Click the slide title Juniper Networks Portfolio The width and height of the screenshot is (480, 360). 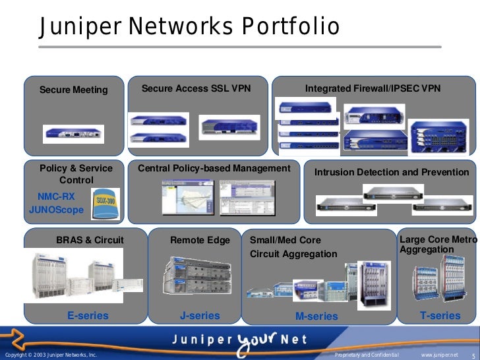click(189, 27)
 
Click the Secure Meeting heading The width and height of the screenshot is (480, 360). click(73, 90)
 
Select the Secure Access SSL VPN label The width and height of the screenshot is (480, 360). click(196, 88)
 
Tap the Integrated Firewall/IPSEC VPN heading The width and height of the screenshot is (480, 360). click(373, 88)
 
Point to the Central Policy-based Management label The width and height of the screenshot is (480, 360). click(214, 169)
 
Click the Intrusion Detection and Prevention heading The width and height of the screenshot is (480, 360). click(392, 172)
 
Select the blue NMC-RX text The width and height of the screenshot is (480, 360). click(57, 196)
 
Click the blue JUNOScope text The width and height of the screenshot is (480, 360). click(57, 210)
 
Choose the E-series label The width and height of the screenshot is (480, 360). click(88, 316)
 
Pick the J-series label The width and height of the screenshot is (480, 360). click(200, 316)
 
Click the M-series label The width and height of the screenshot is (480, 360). click(316, 316)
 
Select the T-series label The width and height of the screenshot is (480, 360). click(440, 316)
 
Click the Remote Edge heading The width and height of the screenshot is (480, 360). click(200, 240)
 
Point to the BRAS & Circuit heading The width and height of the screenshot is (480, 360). click(90, 240)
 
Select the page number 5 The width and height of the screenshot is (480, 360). click(473, 355)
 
